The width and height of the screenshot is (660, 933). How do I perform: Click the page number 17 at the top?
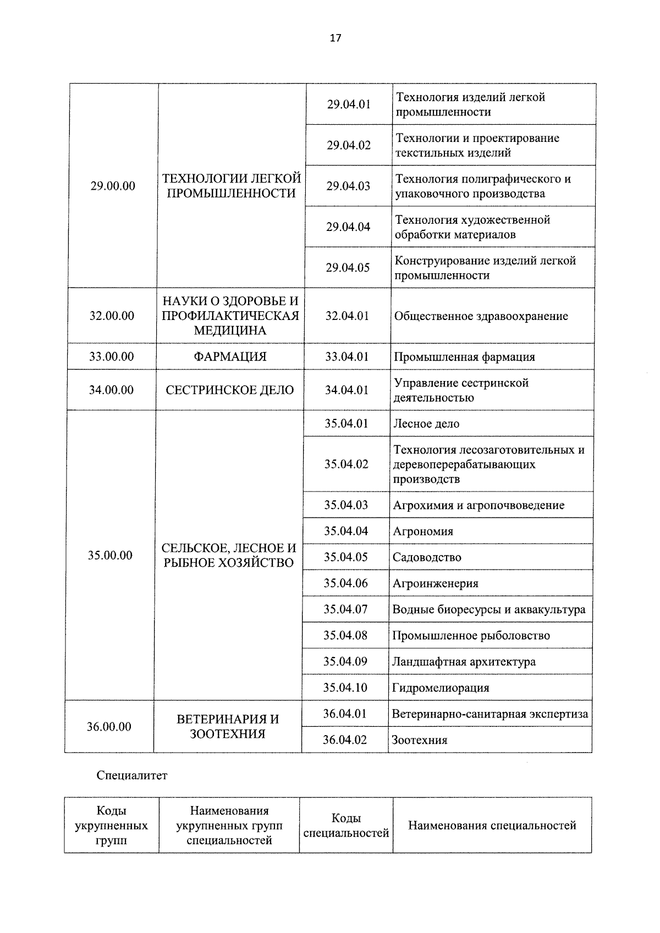coord(335,38)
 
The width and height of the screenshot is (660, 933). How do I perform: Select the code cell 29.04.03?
coord(348,186)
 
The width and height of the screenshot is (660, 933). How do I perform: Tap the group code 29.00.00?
coord(113,186)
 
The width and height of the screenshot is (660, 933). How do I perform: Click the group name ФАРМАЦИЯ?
coord(230,356)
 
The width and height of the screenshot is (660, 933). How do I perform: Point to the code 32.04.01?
coord(347,316)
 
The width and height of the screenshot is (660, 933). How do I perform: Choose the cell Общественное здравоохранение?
coord(481,316)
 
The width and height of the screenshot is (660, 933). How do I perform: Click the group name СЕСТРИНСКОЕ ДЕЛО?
coord(230,390)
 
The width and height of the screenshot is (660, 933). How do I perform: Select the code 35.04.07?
coord(345,609)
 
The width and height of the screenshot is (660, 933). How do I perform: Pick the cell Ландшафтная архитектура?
coord(464,661)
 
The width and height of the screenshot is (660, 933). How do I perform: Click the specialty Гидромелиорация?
coord(441,688)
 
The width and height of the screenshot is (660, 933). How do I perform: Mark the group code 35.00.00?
coord(110,555)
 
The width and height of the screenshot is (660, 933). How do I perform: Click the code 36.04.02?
coord(345,739)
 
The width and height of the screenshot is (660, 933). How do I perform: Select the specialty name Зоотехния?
coord(419,740)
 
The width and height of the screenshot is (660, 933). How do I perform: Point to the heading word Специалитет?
coord(132,776)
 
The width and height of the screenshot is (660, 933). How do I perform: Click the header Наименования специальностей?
coord(492,825)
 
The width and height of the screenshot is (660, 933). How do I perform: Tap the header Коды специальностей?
coord(346,825)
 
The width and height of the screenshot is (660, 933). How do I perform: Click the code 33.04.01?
coord(346,356)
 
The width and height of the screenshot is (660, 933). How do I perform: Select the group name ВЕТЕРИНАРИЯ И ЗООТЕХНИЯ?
coord(228,726)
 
